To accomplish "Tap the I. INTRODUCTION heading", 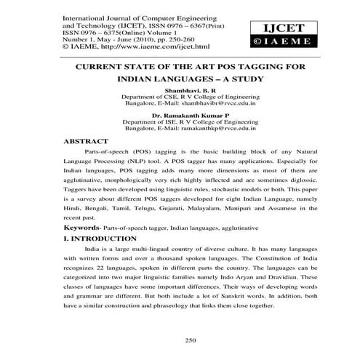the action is (103, 237).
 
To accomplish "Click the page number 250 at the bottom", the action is (191, 339).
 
